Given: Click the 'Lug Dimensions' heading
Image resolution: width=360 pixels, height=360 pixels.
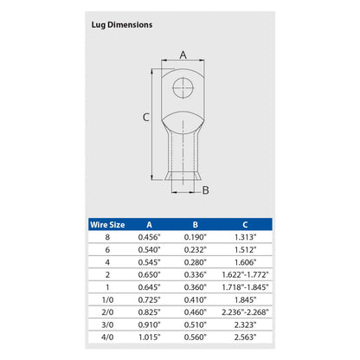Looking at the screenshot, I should (x=122, y=25).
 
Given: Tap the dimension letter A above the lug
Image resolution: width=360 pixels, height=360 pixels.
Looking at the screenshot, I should (x=182, y=55).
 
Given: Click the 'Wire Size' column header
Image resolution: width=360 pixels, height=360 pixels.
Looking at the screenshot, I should (x=106, y=224).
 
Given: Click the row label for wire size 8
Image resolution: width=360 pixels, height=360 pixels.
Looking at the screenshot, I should (x=106, y=237).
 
